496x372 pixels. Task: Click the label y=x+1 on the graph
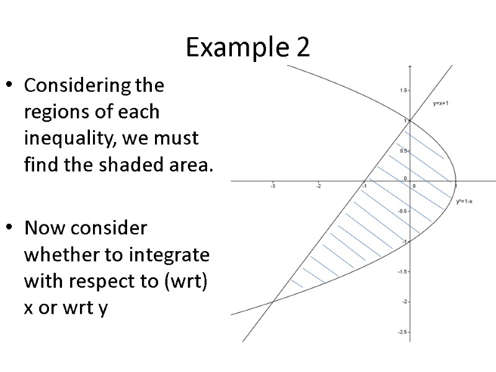click(x=440, y=104)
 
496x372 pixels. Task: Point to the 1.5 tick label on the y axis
click(x=403, y=91)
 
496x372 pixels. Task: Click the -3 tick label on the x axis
click(x=272, y=186)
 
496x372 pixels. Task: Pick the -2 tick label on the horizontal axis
click(x=317, y=186)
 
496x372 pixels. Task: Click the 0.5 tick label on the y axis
click(x=403, y=151)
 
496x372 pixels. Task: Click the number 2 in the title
click(x=302, y=48)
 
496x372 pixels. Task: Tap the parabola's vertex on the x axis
click(x=456, y=181)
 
